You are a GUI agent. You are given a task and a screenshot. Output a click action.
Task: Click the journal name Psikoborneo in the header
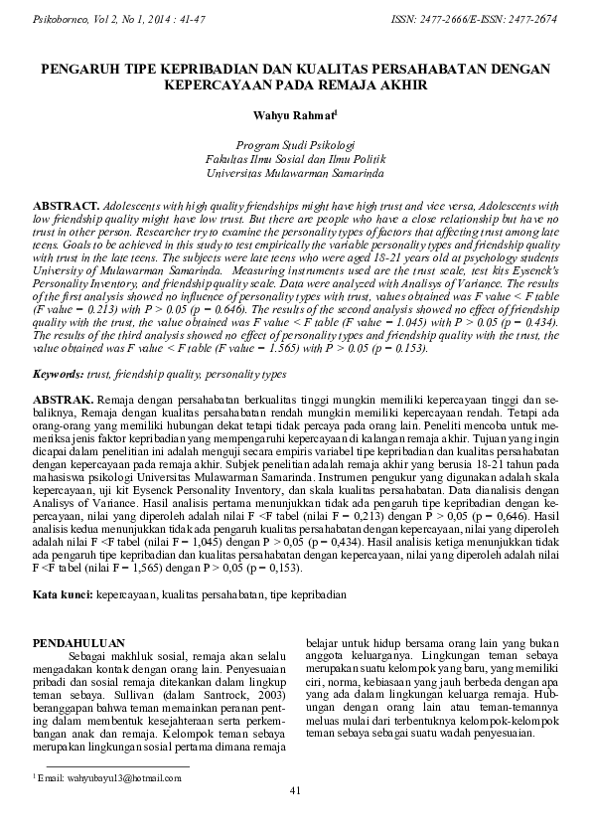tap(63, 18)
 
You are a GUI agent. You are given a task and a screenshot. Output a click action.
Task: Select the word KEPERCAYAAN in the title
tap(215, 85)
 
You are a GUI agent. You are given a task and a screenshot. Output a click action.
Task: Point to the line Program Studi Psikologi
tap(295, 144)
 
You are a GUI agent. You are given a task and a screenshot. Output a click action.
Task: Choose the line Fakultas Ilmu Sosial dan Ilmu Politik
tap(295, 158)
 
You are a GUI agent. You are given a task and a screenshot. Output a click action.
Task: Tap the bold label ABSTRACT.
tap(66, 202)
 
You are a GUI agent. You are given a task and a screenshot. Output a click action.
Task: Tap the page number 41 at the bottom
tap(295, 790)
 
